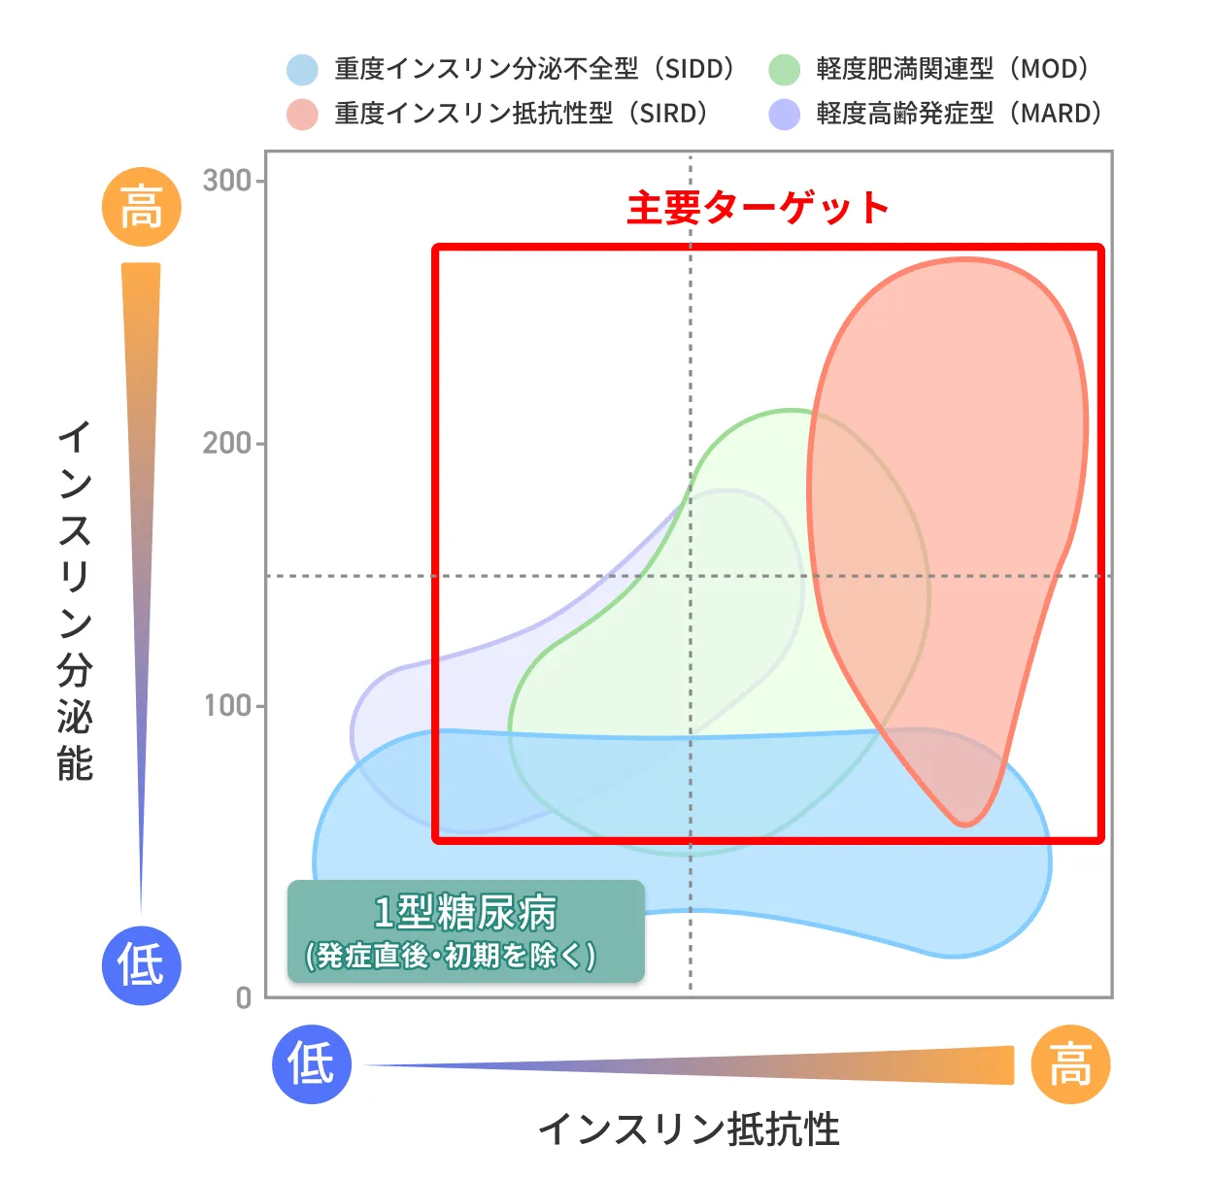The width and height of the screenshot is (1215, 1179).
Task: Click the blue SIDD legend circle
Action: pos(302,70)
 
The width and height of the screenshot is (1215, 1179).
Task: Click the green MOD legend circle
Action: pos(784,70)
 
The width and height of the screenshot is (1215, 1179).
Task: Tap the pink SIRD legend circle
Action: pos(302,114)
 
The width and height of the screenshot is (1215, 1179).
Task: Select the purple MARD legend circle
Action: pos(784,114)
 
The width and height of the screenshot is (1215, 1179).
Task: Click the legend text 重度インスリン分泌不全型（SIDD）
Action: pos(535,70)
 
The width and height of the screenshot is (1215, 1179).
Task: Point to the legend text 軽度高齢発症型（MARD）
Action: pos(960,114)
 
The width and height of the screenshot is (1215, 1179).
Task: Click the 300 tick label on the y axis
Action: pos(226,181)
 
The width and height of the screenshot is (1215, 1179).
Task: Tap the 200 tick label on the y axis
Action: pos(226,444)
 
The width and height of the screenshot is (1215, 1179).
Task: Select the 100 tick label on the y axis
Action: pos(226,706)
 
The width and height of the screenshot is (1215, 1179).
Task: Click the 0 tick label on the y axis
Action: pos(244,998)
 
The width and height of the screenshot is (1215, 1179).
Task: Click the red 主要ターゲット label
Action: pos(758,208)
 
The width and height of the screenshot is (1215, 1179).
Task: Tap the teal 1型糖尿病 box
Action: pos(466,931)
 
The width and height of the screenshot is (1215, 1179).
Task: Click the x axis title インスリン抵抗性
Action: pos(689,1129)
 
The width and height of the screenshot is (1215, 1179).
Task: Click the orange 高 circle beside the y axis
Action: pos(142,207)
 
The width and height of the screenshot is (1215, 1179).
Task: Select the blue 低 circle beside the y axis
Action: pos(142,965)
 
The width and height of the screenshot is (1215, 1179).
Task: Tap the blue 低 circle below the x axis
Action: pos(312,1064)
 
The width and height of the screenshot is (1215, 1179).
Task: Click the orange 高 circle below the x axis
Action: pos(1070,1064)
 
